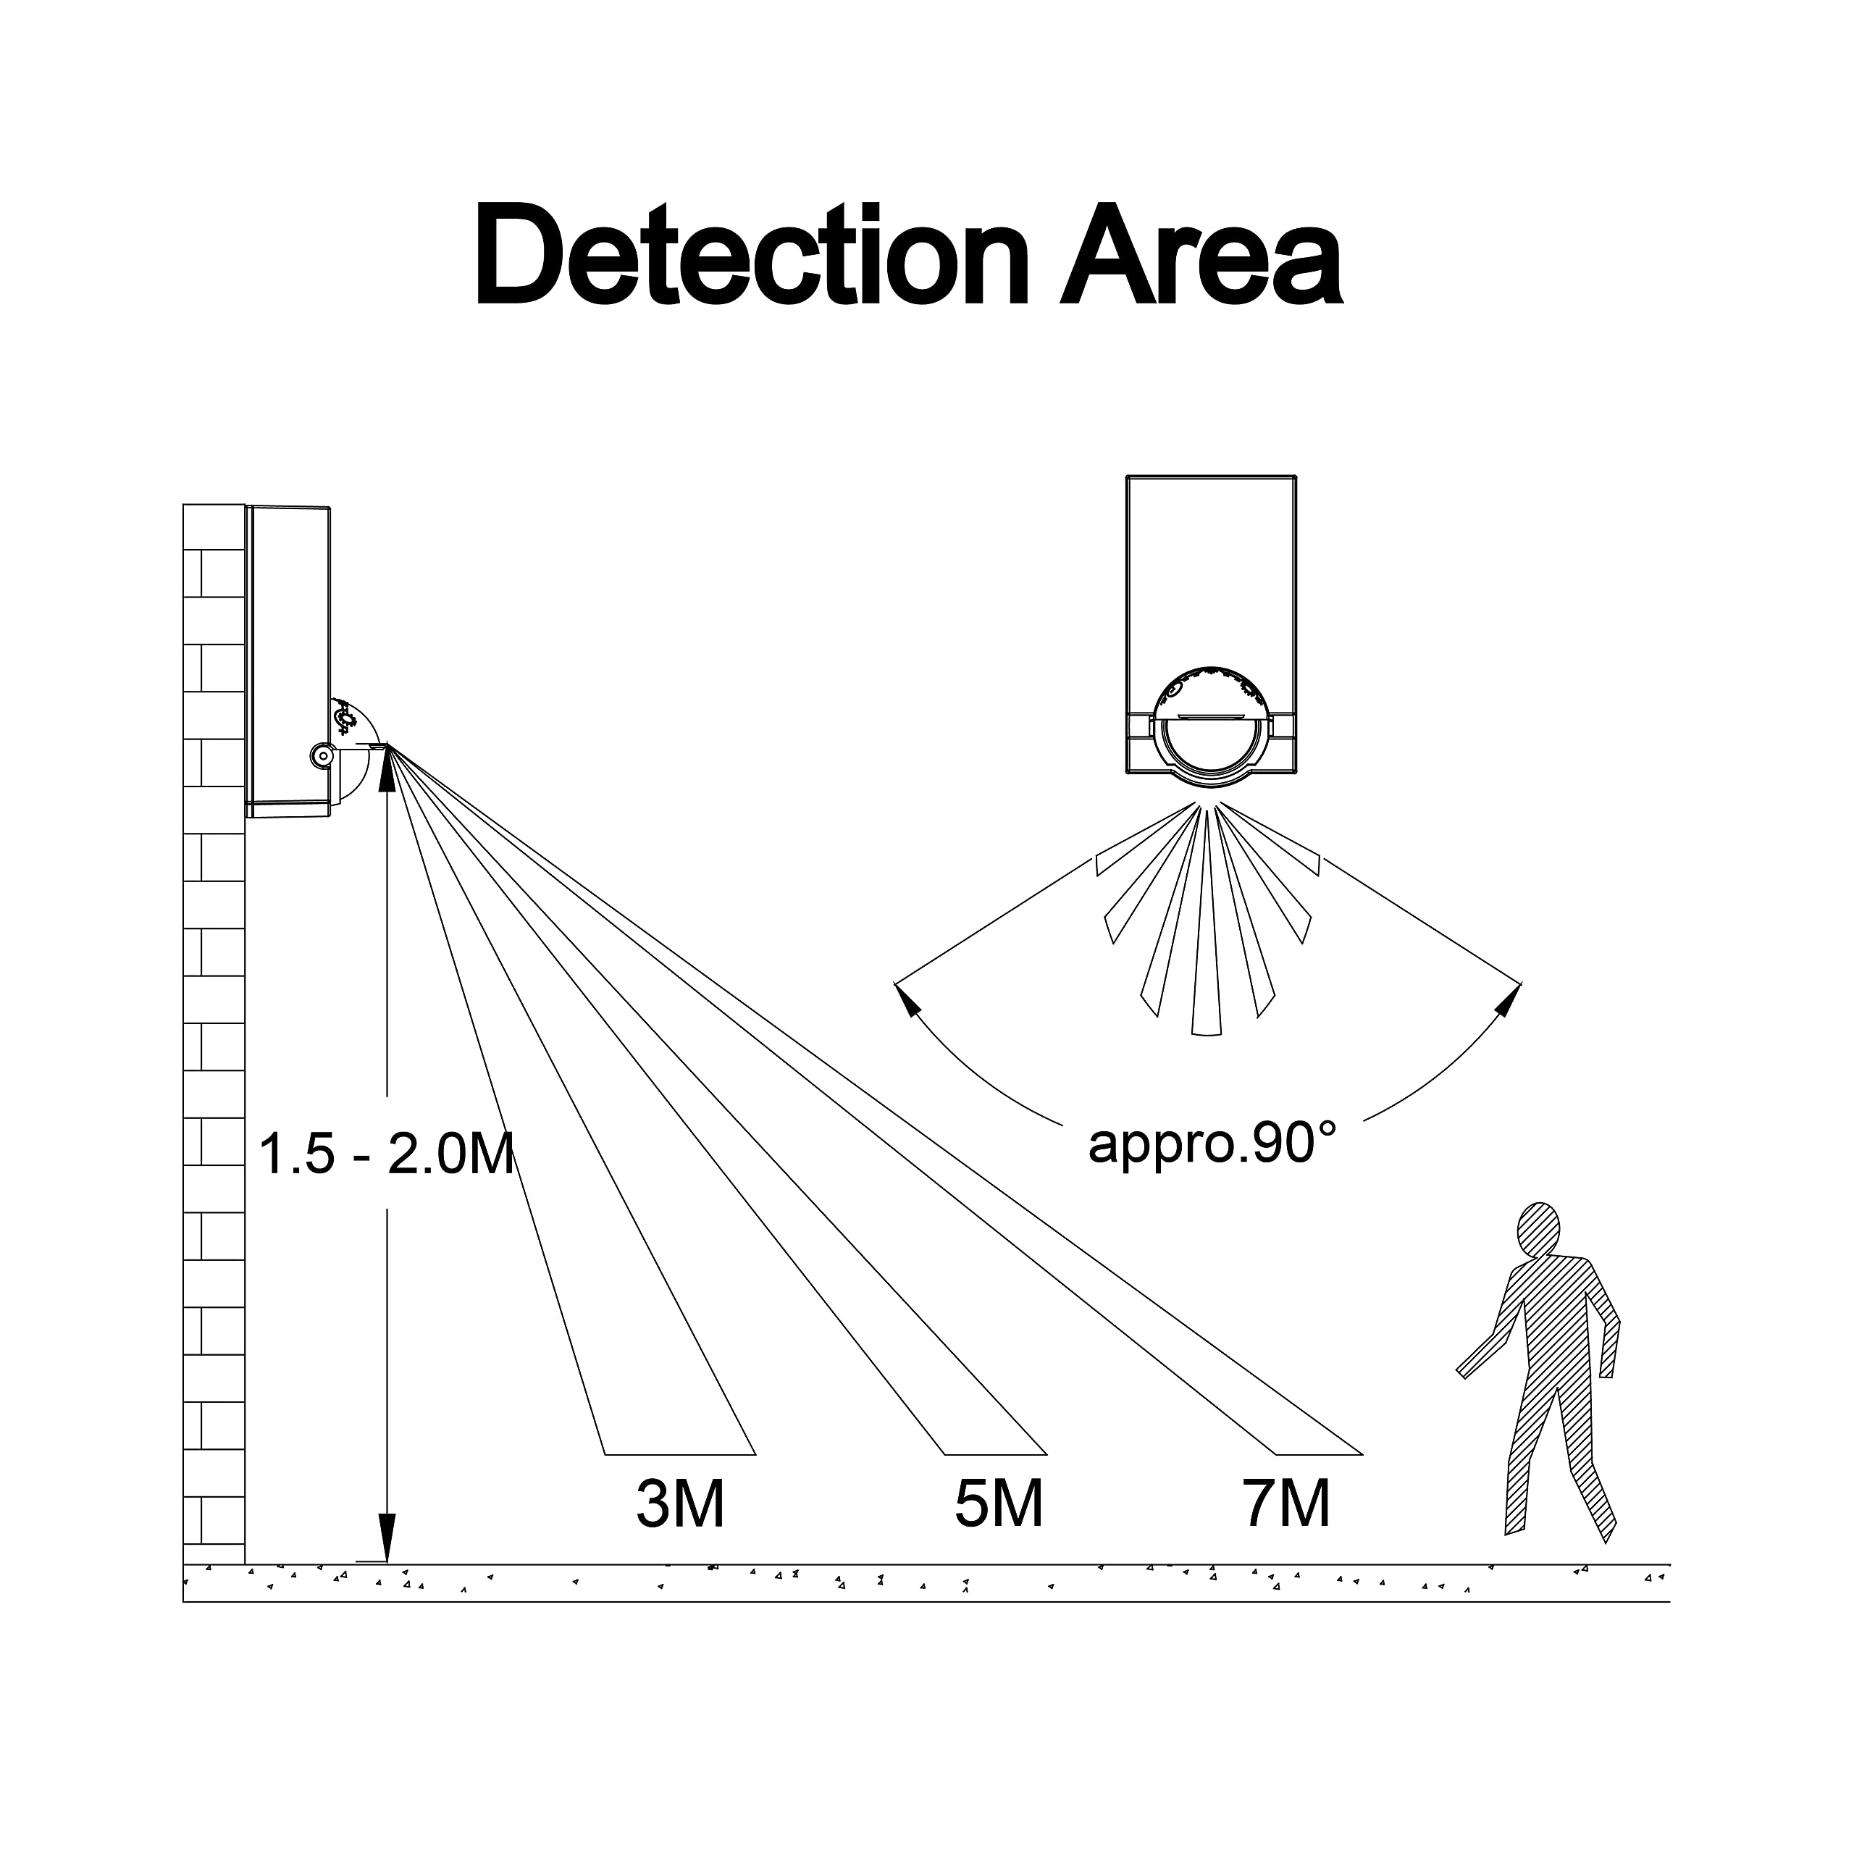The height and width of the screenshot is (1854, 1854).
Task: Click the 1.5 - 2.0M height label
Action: (387, 1154)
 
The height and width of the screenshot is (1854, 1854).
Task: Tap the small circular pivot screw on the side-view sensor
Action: (322, 756)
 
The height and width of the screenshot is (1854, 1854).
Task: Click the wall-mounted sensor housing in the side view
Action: (289, 661)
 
